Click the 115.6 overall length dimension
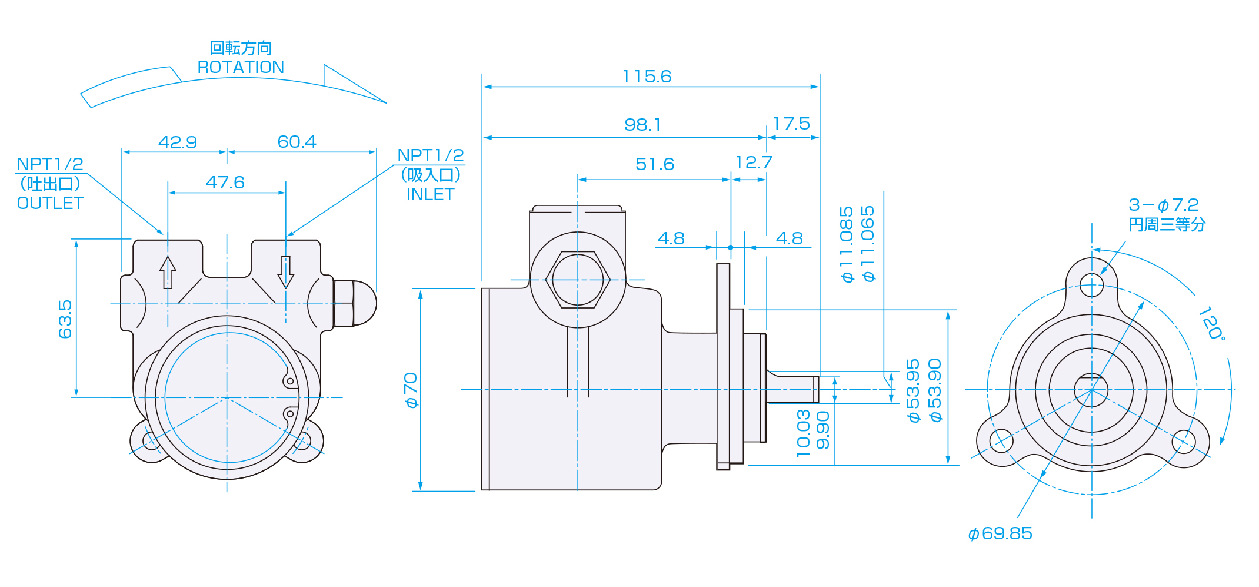point(647,77)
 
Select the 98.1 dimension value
point(642,125)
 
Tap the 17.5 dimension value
point(791,124)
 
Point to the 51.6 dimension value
point(655,164)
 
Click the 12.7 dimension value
point(754,162)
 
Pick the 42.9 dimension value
point(178,142)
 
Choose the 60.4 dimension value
point(297,142)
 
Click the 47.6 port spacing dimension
point(225,183)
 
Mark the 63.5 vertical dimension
point(65,319)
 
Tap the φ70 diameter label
point(411,390)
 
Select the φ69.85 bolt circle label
point(1000,533)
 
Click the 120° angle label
point(1212,323)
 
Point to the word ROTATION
point(241,67)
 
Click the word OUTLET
point(50,203)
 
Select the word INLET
point(431,194)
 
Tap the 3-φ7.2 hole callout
point(1163,205)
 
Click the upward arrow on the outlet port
point(168,273)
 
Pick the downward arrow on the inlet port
point(286,273)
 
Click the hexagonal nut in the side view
point(578,280)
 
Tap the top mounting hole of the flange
point(1092,286)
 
